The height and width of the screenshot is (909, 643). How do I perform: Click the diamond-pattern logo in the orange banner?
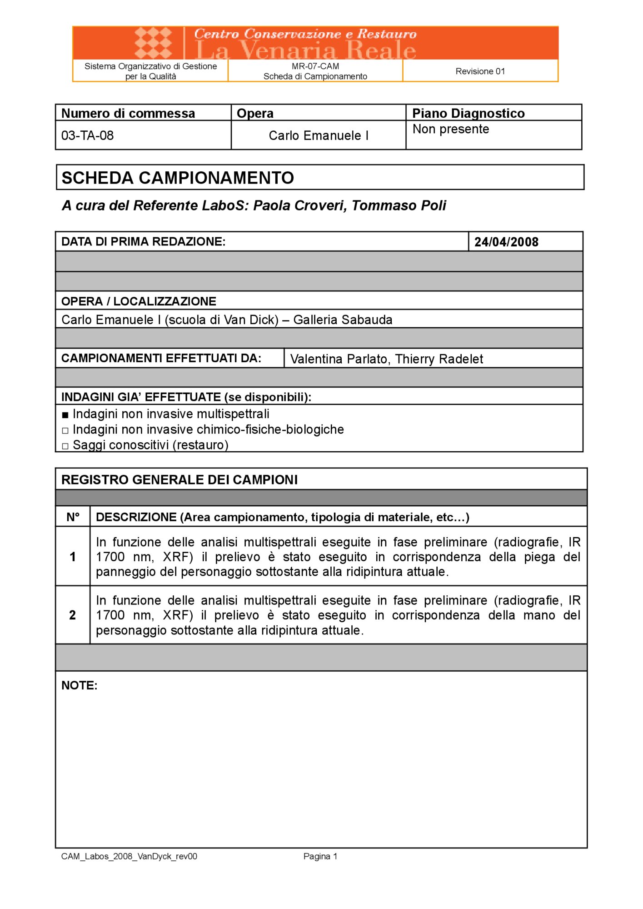(x=154, y=43)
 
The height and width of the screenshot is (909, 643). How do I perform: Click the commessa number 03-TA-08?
(x=87, y=135)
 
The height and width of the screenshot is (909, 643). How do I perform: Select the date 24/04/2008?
(x=506, y=242)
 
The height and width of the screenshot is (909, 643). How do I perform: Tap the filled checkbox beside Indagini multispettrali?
(x=65, y=415)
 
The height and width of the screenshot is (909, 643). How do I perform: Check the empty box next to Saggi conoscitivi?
(x=65, y=446)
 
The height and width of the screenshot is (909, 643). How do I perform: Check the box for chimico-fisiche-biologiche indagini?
(x=65, y=430)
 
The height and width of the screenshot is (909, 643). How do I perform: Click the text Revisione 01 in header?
(x=480, y=71)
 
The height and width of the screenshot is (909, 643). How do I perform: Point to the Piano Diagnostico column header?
(x=468, y=113)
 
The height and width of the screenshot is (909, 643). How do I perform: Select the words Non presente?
(x=450, y=129)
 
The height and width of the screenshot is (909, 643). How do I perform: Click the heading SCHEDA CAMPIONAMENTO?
(x=178, y=178)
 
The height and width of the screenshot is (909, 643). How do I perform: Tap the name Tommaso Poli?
(x=399, y=205)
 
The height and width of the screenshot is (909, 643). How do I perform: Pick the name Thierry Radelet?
(x=439, y=359)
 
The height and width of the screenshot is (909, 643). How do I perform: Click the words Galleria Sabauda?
(x=343, y=320)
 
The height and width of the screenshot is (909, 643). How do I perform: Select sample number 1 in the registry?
(x=73, y=557)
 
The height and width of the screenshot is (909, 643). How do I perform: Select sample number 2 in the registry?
(x=73, y=615)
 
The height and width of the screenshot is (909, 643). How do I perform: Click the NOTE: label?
(x=79, y=685)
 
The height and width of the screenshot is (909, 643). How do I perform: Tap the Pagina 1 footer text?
(x=320, y=856)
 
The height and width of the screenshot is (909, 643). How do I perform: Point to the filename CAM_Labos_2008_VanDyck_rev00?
(x=129, y=856)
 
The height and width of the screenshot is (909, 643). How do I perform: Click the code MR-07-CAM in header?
(x=315, y=66)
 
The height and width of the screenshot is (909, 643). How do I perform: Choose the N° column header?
(x=73, y=517)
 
